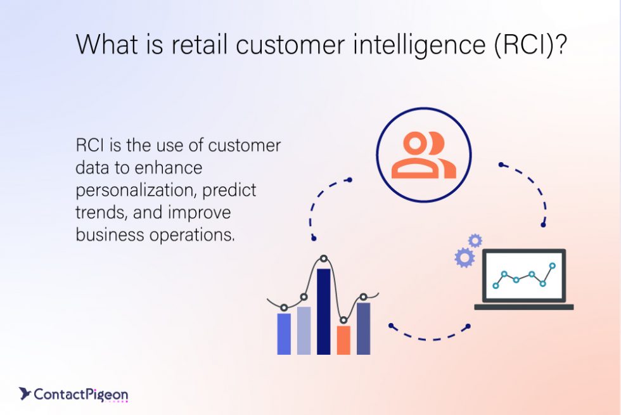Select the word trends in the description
tap(98, 212)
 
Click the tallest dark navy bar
tap(324, 310)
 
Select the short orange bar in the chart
tap(343, 340)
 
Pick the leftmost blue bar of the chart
tap(284, 333)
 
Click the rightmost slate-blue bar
tap(363, 328)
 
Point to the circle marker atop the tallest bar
tap(324, 259)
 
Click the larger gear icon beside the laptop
tap(464, 257)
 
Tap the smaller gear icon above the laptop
tap(475, 240)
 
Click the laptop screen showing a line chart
tap(523, 276)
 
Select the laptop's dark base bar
tap(524, 307)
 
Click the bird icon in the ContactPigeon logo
tap(25, 394)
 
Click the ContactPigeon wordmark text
tap(80, 395)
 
